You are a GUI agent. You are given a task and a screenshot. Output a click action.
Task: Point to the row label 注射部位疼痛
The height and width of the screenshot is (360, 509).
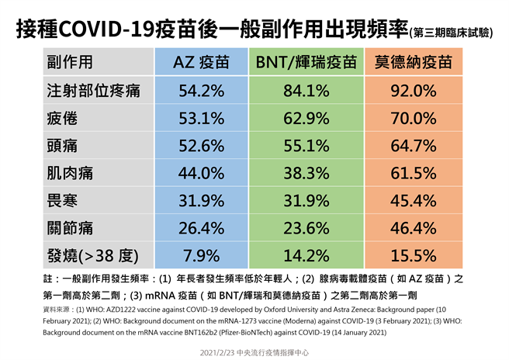click(x=93, y=91)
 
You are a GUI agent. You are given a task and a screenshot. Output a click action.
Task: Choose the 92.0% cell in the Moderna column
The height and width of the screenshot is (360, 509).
click(x=414, y=91)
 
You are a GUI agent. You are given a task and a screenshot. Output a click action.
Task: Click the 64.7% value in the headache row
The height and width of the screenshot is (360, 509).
click(x=414, y=145)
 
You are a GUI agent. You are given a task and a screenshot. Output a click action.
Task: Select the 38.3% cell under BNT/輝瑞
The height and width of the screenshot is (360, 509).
click(x=306, y=173)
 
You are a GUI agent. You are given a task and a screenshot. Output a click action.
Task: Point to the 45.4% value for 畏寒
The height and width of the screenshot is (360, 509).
click(x=414, y=200)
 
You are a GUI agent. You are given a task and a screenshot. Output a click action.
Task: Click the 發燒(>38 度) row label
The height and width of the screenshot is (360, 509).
click(x=93, y=255)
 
